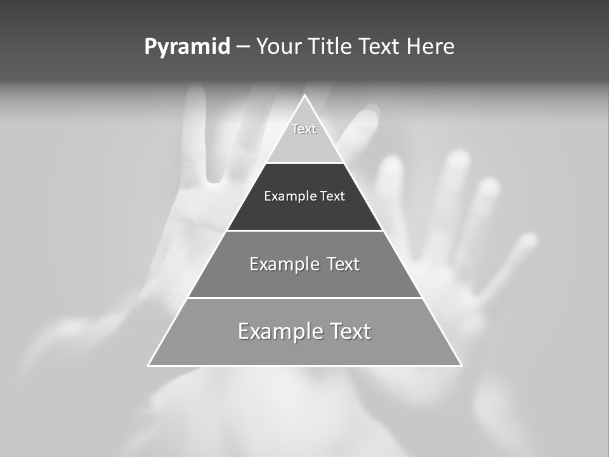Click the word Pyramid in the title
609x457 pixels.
coord(187,47)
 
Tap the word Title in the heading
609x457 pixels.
coord(332,46)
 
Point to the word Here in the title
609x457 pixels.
coord(431,46)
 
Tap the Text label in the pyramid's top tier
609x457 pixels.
coord(304,129)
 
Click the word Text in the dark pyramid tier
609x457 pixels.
coord(332,196)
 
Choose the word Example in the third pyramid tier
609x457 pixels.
coord(283,264)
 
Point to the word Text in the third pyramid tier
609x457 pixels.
coord(343,264)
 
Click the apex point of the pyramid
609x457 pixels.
coord(304,96)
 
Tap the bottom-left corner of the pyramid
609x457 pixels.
coord(148,365)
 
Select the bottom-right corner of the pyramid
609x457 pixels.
coord(461,365)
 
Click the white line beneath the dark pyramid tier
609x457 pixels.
coord(304,230)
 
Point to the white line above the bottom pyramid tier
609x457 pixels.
coord(304,298)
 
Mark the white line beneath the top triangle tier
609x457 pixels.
coord(304,162)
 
